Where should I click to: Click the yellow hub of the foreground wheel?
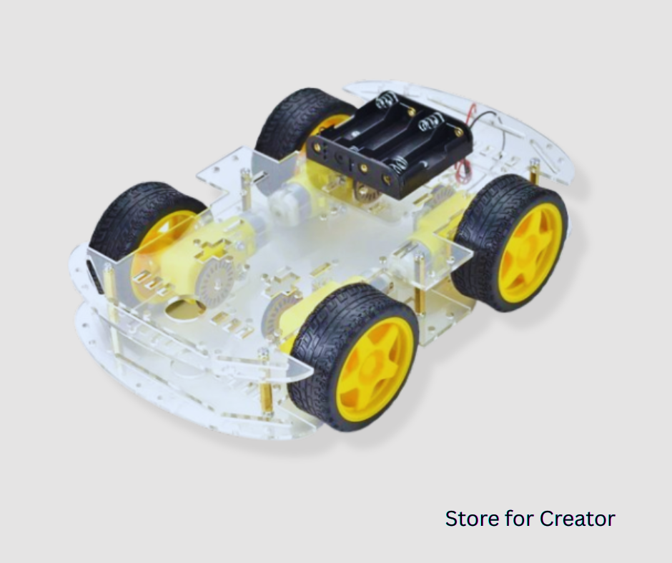click(x=374, y=371)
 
